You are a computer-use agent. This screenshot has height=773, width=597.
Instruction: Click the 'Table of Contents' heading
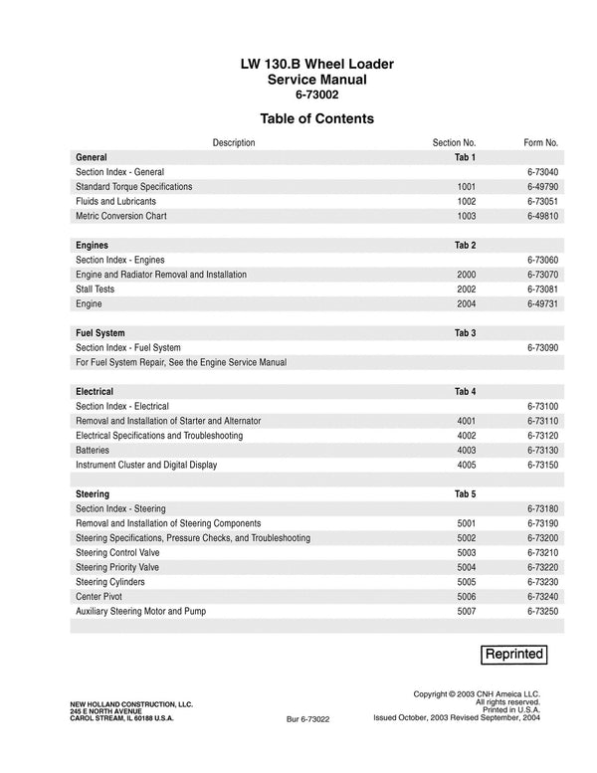point(315,118)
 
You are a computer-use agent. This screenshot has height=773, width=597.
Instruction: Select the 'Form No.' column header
point(540,142)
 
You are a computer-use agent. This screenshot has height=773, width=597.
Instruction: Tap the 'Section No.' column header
point(454,142)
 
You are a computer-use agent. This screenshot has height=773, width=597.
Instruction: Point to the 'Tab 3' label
point(465,332)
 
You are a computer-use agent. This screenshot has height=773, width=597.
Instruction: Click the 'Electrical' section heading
point(95,391)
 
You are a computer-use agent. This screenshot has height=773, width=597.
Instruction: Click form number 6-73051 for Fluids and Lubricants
point(542,201)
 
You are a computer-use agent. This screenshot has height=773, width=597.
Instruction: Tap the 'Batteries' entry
point(93,450)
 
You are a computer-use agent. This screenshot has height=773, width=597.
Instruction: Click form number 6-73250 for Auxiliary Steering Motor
point(542,611)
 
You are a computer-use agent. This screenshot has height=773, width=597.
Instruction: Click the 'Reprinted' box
point(513,654)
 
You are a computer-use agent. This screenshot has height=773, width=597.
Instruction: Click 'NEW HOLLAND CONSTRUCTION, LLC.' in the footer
point(131,703)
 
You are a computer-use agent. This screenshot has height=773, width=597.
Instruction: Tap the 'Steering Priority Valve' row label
point(117,567)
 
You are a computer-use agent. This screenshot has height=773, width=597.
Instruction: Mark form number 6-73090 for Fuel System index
point(542,347)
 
